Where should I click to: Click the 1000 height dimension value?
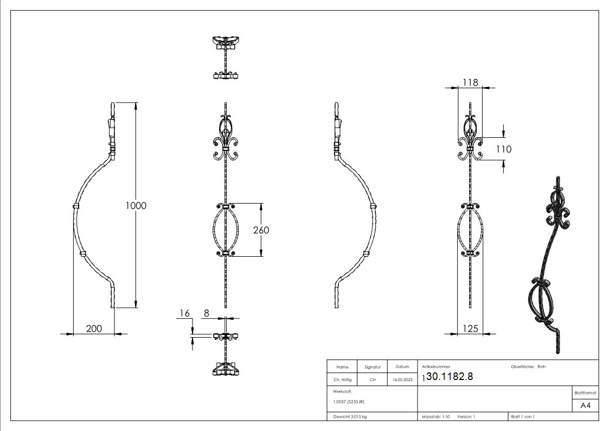pos(136,206)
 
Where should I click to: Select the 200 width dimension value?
pos(94,328)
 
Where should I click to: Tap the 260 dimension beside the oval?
pos(261,230)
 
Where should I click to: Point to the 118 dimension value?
pos(470,82)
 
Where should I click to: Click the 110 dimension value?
pos(503,149)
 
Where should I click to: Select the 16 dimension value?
pos(185,313)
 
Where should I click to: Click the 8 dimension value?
pos(206,313)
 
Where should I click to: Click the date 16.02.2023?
pos(402,380)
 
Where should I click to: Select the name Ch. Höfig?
pos(342,380)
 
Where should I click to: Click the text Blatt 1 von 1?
pos(523,416)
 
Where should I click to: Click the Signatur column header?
pos(372,367)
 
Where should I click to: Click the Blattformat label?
pos(585,392)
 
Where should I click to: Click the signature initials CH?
pos(372,380)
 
